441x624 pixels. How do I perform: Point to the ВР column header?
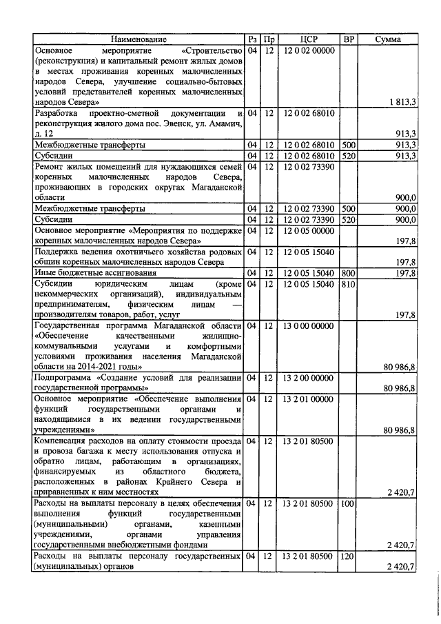click(349, 40)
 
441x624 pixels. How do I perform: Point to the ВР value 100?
click(348, 505)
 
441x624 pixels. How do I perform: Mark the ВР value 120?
click(348, 556)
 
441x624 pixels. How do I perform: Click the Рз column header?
click(252, 40)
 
